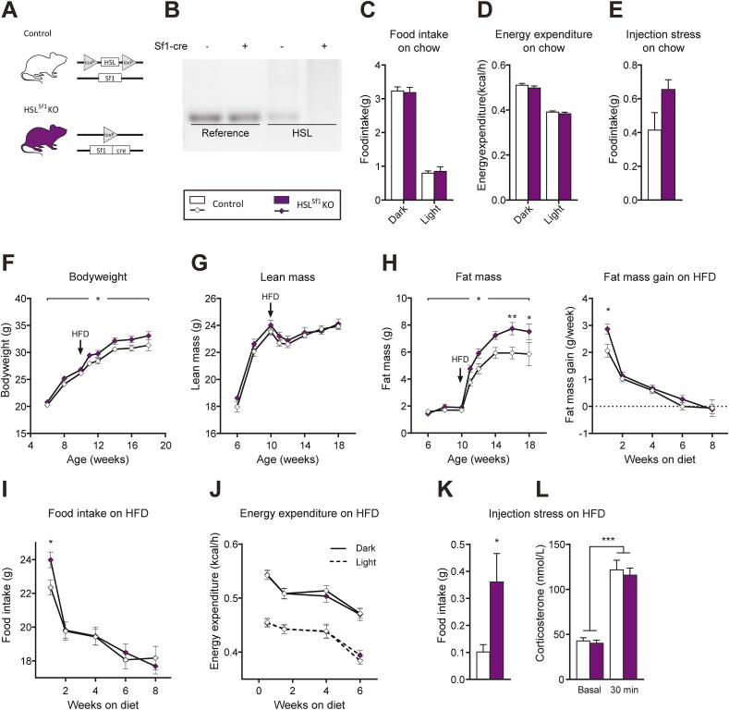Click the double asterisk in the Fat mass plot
(x=511, y=316)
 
